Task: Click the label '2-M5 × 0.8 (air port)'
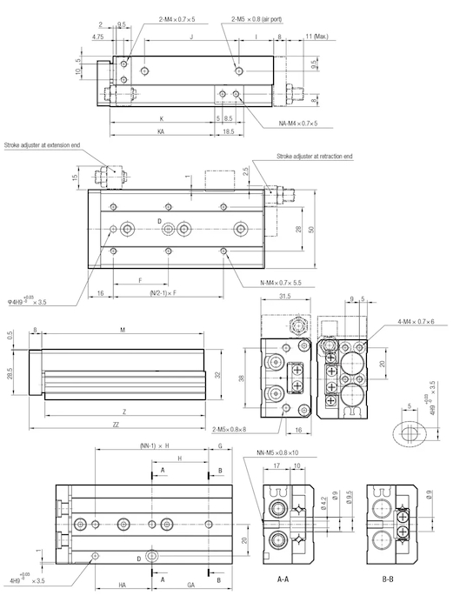coord(256,19)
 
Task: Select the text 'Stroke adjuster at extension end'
coord(43,145)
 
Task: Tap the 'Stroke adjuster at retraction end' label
coord(315,156)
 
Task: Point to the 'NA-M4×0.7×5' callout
coord(297,124)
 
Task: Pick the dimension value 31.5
coord(285,296)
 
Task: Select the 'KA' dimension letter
coord(161,131)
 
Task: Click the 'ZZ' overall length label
coord(116,425)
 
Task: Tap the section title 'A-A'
coord(283,579)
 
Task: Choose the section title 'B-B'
coord(388,579)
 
